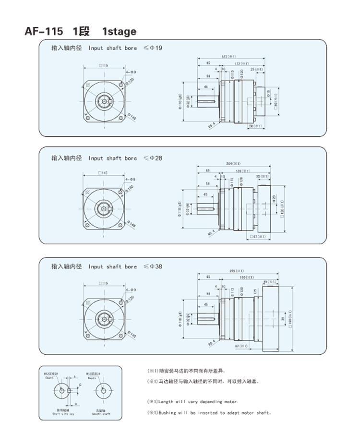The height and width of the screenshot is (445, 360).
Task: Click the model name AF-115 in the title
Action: (43, 32)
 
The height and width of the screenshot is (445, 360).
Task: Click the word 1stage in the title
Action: (119, 32)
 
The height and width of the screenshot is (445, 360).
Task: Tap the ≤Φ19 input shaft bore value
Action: (154, 48)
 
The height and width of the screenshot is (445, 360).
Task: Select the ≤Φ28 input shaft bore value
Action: (154, 158)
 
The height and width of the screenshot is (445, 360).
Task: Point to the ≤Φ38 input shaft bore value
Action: (154, 266)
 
